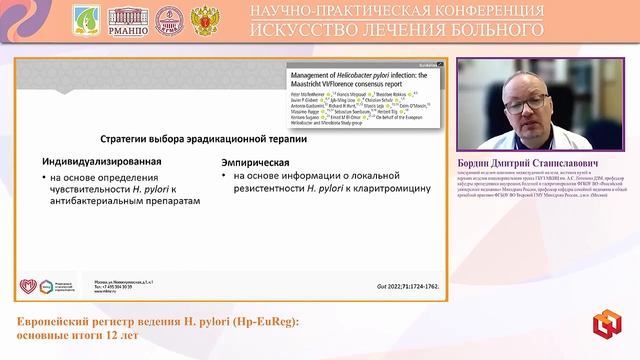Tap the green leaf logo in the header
[87, 19]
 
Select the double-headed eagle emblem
[206, 19]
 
